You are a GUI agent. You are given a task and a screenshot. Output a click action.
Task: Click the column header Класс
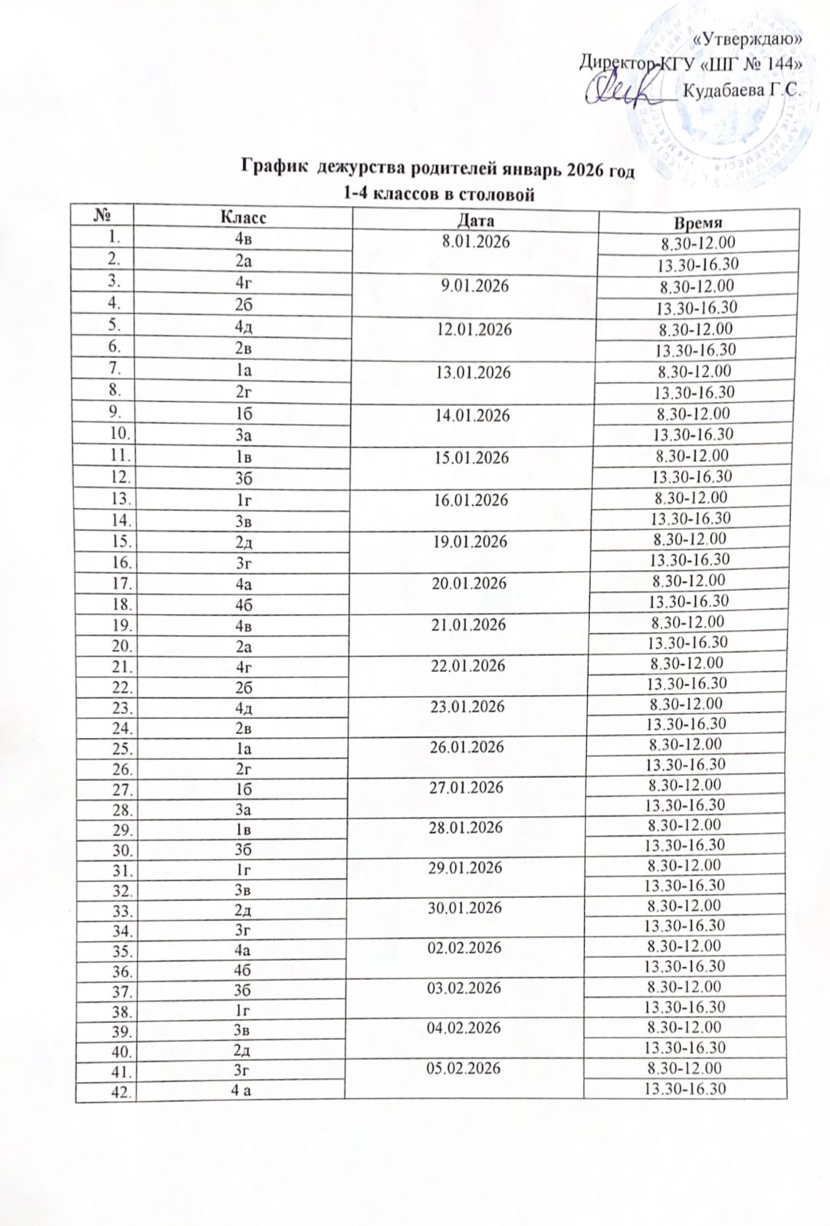pyautogui.click(x=244, y=218)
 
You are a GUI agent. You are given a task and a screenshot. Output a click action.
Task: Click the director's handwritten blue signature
pyautogui.click(x=625, y=92)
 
